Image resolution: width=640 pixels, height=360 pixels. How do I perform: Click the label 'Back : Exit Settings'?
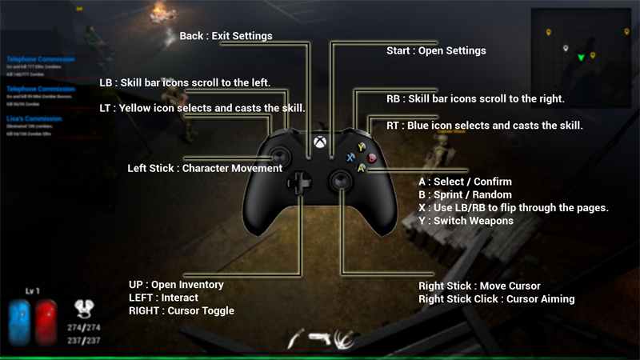[x=226, y=36]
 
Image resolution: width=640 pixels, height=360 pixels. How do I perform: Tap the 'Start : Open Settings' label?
[x=436, y=51]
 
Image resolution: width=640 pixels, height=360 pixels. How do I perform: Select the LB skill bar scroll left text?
[x=185, y=82]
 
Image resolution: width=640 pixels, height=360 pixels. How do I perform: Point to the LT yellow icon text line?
[x=202, y=107]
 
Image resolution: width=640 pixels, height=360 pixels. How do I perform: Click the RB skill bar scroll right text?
[x=475, y=99]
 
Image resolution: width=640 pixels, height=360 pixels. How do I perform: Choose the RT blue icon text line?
[x=484, y=126]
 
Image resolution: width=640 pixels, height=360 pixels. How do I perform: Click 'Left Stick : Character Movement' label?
[x=205, y=169]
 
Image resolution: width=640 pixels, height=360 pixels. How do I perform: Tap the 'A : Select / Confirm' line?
[x=465, y=182]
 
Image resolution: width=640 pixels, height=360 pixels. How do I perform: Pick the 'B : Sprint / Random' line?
[x=465, y=195]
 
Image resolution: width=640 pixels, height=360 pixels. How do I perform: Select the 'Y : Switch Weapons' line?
[x=466, y=220]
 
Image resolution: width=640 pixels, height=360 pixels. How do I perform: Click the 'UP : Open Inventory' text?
[x=176, y=285]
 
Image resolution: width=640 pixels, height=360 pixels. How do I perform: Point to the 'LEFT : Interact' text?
[x=163, y=298]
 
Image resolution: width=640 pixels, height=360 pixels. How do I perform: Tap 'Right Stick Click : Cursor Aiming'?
[x=496, y=299]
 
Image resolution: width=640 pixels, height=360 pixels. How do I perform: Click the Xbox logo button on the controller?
[x=319, y=144]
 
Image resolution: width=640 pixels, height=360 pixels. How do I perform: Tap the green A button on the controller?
[x=362, y=168]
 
